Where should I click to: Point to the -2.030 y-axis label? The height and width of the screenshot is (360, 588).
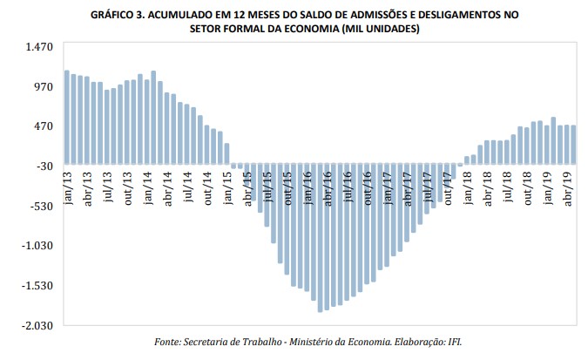[40, 325]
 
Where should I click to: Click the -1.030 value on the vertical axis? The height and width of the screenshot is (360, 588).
[40, 246]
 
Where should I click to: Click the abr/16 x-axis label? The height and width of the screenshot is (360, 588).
[328, 189]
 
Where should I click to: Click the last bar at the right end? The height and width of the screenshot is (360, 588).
[574, 145]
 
